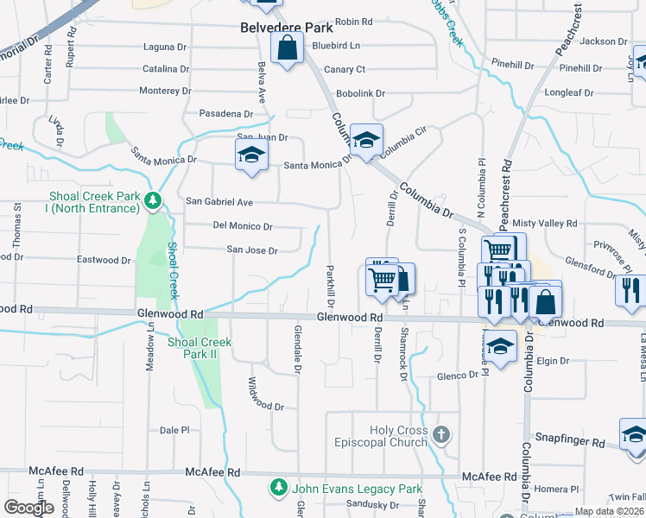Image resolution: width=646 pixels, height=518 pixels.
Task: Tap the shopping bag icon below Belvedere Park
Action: [x=288, y=49]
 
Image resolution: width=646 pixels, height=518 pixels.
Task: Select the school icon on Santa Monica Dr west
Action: [x=251, y=156]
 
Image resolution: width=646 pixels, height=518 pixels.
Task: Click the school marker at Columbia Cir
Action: [x=366, y=142]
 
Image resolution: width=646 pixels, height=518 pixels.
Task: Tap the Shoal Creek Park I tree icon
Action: [x=154, y=201]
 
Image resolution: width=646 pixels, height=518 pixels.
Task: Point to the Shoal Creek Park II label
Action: [x=199, y=348]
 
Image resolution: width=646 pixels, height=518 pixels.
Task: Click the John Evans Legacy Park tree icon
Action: [x=279, y=488]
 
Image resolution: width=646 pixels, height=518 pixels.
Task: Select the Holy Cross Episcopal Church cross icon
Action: [x=442, y=433]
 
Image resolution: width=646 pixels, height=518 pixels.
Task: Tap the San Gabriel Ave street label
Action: [x=219, y=202]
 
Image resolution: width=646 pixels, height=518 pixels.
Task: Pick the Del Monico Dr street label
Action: [x=243, y=227]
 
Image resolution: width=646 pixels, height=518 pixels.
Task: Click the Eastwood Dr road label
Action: [x=104, y=260]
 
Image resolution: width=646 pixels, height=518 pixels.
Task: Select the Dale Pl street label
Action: [x=174, y=430]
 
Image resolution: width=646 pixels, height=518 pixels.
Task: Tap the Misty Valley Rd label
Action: [x=544, y=224]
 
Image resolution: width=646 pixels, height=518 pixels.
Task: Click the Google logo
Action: [x=29, y=508]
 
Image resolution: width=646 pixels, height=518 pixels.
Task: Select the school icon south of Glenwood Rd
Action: [x=500, y=347]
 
